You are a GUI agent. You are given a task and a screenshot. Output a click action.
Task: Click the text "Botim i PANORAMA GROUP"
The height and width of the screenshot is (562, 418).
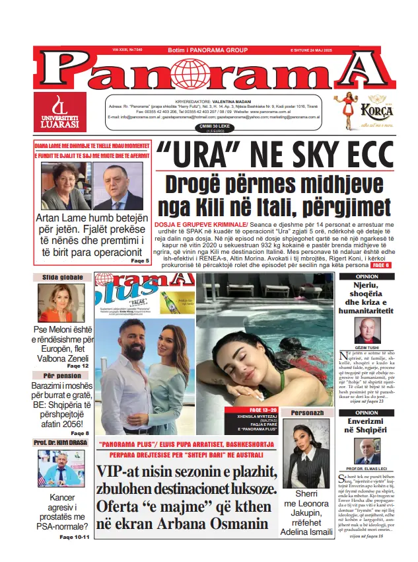click(x=208, y=50)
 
